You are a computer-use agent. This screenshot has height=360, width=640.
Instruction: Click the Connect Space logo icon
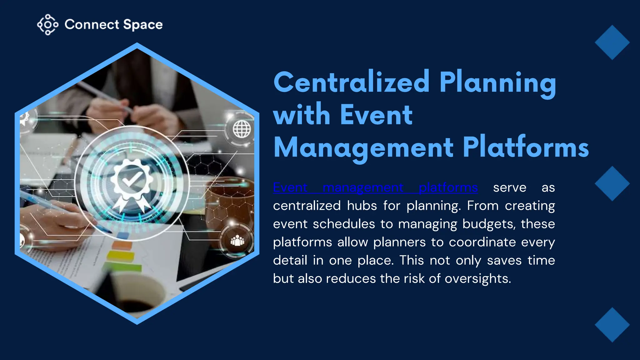[x=47, y=24]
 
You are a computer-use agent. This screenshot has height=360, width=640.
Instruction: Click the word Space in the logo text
[x=143, y=25]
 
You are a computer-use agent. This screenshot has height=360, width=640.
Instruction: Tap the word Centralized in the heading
[x=352, y=82]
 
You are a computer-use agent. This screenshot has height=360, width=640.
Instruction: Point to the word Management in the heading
[x=363, y=148]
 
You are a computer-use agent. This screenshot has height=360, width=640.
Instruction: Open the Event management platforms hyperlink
[x=375, y=187]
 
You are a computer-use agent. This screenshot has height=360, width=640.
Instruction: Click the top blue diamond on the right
[x=612, y=42]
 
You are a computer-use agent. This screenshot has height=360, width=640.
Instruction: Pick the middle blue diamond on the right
[x=612, y=183]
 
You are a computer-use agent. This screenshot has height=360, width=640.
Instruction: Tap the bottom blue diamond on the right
[x=612, y=325]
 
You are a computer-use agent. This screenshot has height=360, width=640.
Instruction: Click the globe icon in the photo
[x=242, y=129]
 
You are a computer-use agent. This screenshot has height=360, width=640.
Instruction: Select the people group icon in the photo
[x=237, y=241]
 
